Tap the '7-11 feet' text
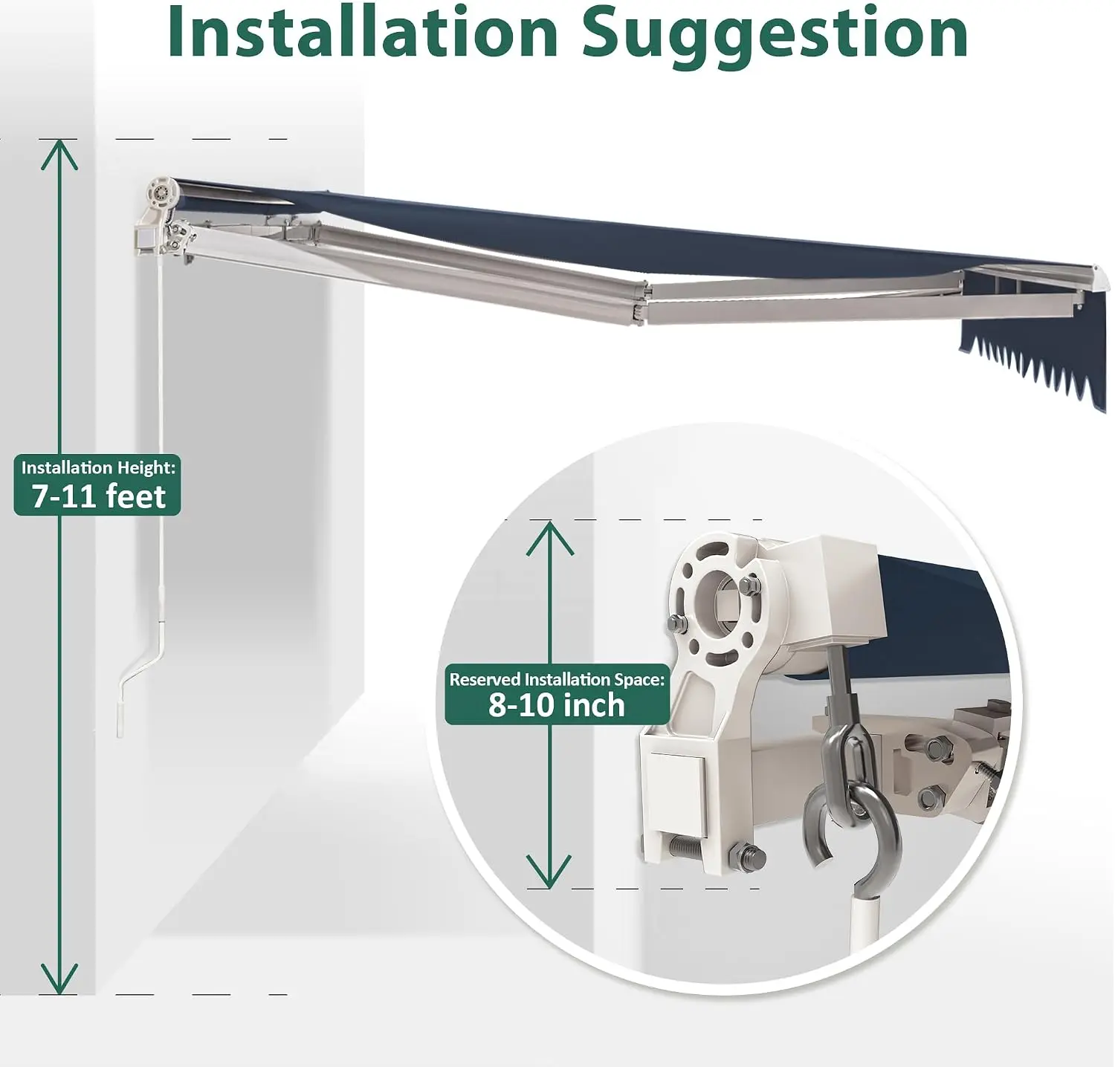pos(98,496)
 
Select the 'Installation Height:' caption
pos(98,467)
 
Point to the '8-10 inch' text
pos(557,705)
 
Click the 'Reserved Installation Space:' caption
pos(557,679)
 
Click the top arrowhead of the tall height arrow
pos(59,154)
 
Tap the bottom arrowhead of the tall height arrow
pos(59,979)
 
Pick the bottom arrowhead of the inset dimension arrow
pos(549,872)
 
